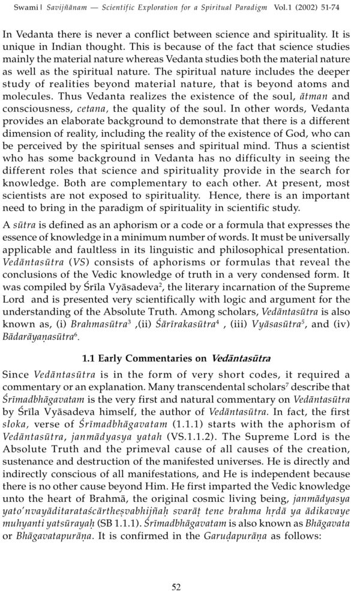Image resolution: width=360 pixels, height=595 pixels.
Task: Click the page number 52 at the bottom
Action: (x=176, y=570)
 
